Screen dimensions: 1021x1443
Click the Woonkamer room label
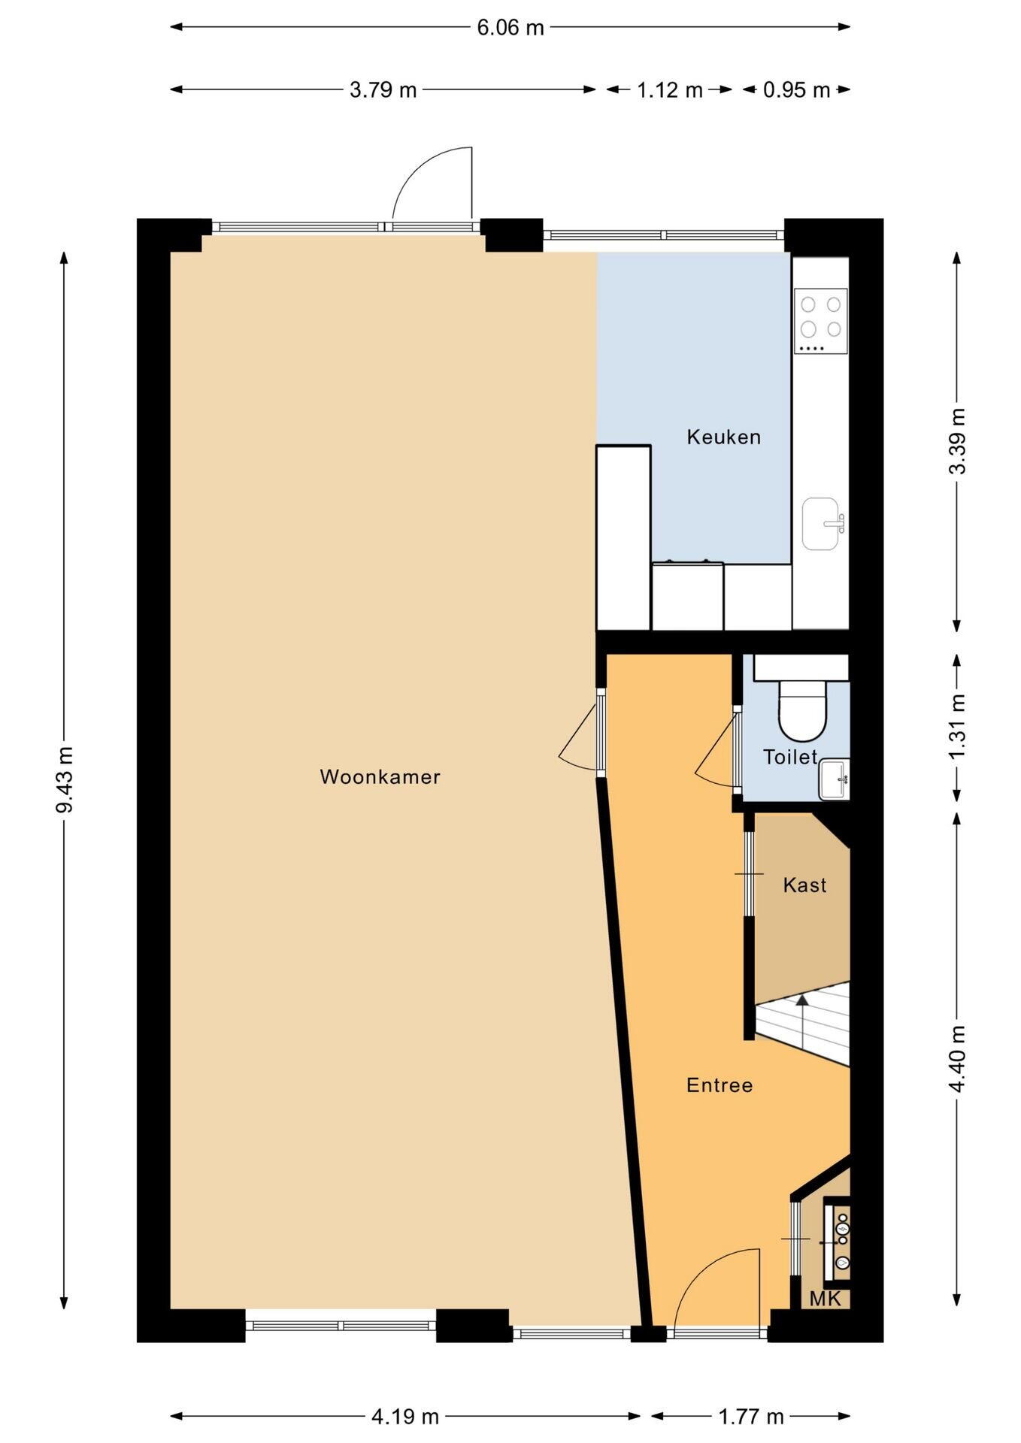click(380, 776)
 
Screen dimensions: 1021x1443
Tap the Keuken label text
click(723, 437)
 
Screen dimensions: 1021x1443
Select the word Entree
click(720, 1085)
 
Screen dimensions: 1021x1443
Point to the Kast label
click(804, 885)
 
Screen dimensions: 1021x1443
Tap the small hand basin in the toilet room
click(834, 779)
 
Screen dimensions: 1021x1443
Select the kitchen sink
click(823, 524)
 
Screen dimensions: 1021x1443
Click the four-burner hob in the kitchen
click(821, 321)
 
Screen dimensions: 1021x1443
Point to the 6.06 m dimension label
click(510, 28)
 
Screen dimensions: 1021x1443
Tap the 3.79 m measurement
click(383, 90)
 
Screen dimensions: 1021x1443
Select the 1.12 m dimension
click(669, 90)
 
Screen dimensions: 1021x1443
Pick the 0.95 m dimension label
click(796, 90)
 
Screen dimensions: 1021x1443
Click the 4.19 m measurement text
click(404, 1417)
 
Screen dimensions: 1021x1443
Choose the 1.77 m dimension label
click(750, 1417)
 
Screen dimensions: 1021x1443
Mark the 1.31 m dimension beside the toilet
click(956, 726)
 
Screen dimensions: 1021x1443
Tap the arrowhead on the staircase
click(802, 999)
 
